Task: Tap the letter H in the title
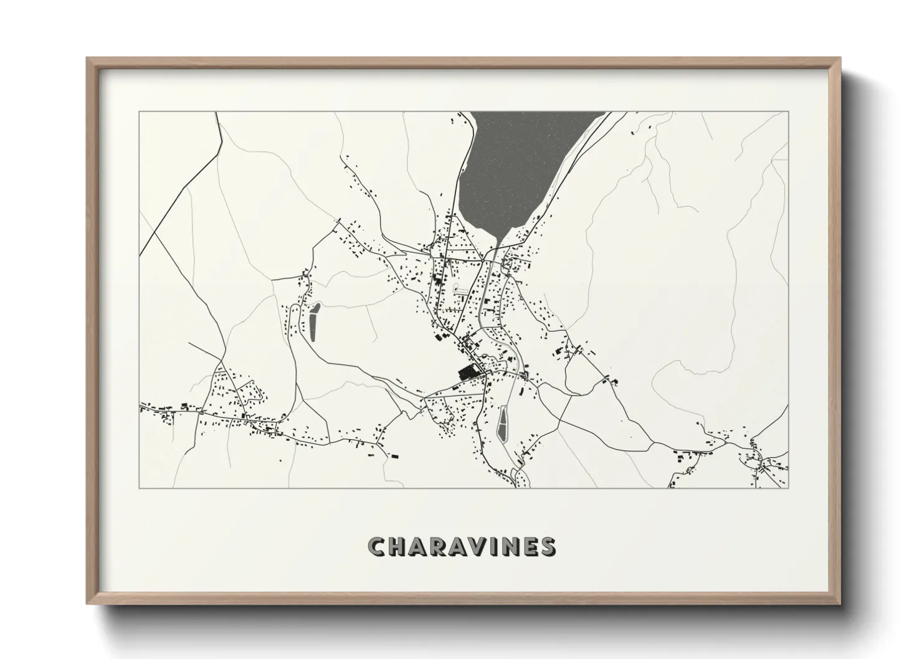point(397,546)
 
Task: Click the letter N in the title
point(512,546)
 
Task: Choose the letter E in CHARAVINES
point(531,546)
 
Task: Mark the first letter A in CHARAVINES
point(418,546)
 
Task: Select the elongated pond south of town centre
point(503,424)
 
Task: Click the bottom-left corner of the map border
point(139,488)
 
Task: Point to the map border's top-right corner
point(788,112)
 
